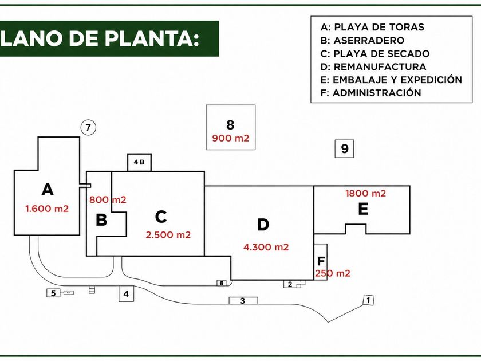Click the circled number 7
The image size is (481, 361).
[88, 127]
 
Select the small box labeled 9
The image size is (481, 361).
[344, 149]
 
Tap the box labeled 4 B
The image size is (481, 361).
[139, 162]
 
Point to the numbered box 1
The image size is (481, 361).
[368, 300]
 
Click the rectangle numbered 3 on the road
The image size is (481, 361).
[243, 300]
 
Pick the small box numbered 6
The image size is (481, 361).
[222, 283]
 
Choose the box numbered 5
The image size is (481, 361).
[53, 293]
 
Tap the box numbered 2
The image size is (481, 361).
[290, 284]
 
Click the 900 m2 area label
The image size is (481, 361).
[230, 139]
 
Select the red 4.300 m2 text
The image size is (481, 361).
[266, 247]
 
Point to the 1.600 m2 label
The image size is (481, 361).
[47, 209]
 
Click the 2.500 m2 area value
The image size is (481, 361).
[168, 235]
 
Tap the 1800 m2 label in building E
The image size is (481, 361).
[365, 194]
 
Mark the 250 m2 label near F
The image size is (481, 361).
[333, 273]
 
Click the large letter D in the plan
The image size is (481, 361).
[263, 225]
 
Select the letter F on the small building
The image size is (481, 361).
[321, 261]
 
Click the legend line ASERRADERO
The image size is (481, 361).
[362, 40]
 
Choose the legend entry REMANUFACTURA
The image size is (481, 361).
[373, 66]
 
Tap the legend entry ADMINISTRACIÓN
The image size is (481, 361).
[370, 92]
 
